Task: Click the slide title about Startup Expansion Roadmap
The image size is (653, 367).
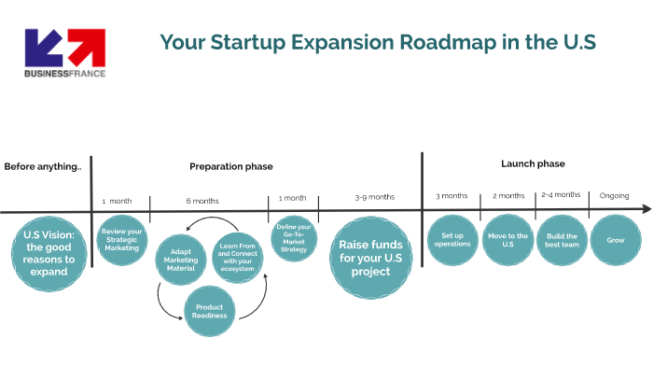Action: click(377, 43)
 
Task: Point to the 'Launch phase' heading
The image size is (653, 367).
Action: click(533, 163)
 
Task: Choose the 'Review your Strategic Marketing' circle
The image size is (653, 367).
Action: click(121, 240)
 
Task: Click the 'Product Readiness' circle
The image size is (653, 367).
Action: click(209, 310)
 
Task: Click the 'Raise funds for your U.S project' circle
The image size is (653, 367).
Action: click(370, 258)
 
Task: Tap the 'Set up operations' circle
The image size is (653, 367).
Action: click(452, 241)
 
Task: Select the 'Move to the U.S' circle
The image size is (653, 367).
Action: click(507, 241)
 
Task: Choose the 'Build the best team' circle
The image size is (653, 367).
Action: click(562, 241)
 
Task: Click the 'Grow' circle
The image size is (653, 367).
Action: click(616, 240)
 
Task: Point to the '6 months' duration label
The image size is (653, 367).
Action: click(202, 201)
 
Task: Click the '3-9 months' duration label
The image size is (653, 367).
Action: click(374, 197)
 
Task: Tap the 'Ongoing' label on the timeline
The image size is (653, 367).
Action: click(614, 196)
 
